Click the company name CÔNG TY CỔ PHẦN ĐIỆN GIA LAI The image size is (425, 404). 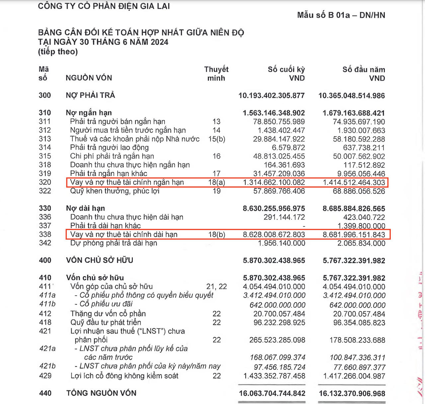(104, 6)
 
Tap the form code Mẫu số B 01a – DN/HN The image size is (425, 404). (341, 15)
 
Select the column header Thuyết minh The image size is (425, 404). (216, 73)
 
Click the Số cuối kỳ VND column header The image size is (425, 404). (286, 73)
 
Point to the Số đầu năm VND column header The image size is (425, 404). (364, 73)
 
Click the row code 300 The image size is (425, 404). (45, 95)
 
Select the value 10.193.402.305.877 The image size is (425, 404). (271, 96)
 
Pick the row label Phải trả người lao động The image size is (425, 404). (109, 148)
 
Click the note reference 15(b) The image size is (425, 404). (216, 139)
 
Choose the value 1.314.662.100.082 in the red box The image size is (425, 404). (274, 182)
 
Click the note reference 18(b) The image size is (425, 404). (216, 235)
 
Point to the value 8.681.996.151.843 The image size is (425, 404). (354, 235)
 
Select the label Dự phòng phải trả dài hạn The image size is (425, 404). (114, 243)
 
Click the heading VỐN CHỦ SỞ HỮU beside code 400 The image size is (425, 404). (99, 260)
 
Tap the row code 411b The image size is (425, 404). (47, 304)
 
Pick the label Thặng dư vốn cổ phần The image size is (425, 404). (108, 314)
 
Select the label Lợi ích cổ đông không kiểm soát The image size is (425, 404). (124, 376)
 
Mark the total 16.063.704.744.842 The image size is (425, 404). (272, 393)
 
